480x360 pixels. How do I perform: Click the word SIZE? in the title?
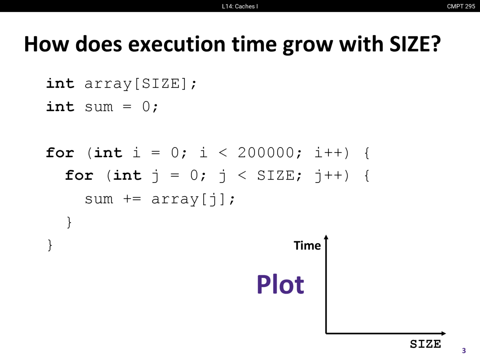pyautogui.click(x=415, y=44)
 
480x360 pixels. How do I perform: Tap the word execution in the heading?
pyautogui.click(x=177, y=44)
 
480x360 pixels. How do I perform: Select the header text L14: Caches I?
pyautogui.click(x=240, y=6)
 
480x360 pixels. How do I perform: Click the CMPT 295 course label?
pyautogui.click(x=461, y=6)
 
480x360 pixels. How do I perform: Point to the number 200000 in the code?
pyautogui.click(x=266, y=153)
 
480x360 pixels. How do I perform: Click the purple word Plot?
pyautogui.click(x=280, y=284)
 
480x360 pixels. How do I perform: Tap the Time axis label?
pyautogui.click(x=307, y=246)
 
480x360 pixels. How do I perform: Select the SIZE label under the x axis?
pyautogui.click(x=425, y=344)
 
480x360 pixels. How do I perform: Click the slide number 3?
pyautogui.click(x=464, y=351)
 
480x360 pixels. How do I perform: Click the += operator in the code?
pyautogui.click(x=132, y=199)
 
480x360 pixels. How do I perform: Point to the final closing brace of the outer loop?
pyautogui.click(x=50, y=245)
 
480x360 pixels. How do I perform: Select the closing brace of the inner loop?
pyautogui.click(x=69, y=222)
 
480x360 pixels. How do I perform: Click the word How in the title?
pyautogui.click(x=46, y=44)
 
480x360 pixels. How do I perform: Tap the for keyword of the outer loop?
pyautogui.click(x=60, y=153)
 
